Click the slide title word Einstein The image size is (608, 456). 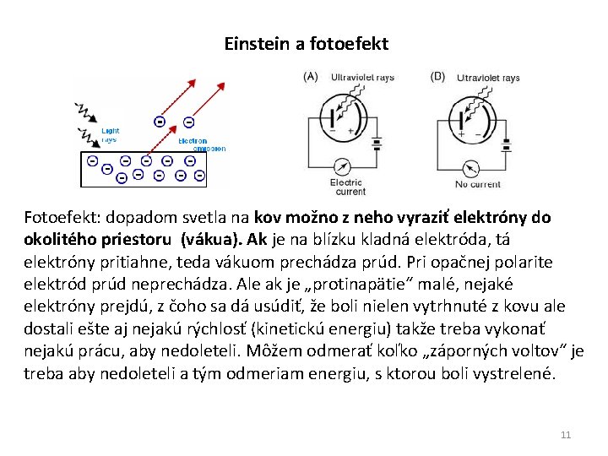tap(255, 43)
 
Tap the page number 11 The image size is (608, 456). tap(566, 435)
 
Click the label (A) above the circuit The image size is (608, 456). tap(311, 77)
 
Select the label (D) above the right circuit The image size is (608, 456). tap(437, 77)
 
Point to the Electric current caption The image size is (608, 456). tap(347, 187)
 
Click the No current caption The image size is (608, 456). tap(478, 184)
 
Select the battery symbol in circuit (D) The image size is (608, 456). tap(506, 143)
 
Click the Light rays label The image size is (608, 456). tap(111, 135)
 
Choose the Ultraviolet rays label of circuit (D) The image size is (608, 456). tap(488, 78)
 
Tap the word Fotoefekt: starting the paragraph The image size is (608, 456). tap(60, 217)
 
